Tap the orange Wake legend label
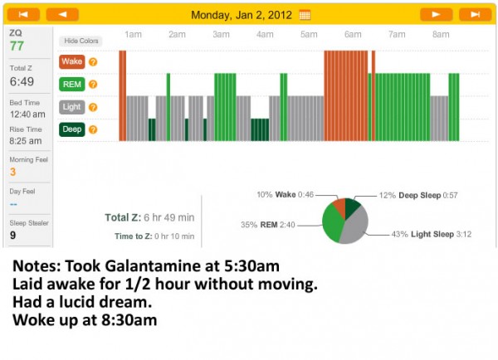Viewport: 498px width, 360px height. click(71, 61)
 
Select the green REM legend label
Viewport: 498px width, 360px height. click(71, 84)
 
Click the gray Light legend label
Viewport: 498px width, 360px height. click(71, 106)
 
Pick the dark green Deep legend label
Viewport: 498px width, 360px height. click(71, 129)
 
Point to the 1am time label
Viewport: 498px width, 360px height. click(132, 35)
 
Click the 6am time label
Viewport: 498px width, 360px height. click(353, 35)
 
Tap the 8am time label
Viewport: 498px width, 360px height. click(441, 35)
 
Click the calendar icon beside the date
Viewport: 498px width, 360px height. click(305, 14)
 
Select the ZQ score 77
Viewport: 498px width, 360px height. click(17, 46)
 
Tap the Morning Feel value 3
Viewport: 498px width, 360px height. click(13, 172)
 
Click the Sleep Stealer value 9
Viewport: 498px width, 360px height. click(13, 235)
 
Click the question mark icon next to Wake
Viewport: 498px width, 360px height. click(93, 61)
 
